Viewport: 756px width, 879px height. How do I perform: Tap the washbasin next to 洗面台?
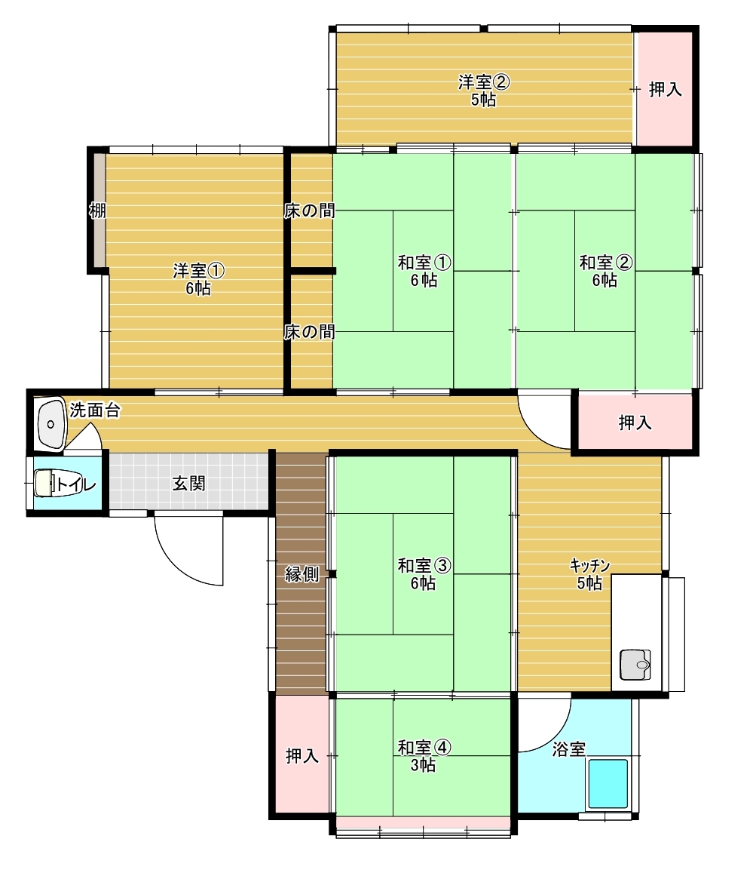click(51, 424)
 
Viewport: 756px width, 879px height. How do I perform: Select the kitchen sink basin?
click(635, 665)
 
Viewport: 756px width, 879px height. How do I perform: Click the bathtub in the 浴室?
click(608, 783)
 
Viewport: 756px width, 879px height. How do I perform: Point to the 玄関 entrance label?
click(188, 483)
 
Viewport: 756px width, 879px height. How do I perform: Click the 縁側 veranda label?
click(301, 574)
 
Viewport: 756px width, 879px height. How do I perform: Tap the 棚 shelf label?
click(97, 211)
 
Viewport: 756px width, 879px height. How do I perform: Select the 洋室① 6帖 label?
click(198, 280)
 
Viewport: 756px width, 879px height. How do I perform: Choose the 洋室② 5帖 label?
click(483, 91)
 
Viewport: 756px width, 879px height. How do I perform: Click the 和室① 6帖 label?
click(424, 271)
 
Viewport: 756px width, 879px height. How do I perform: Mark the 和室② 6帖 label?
click(605, 271)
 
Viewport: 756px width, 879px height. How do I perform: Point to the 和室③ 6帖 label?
click(424, 574)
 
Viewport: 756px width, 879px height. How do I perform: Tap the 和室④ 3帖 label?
click(424, 756)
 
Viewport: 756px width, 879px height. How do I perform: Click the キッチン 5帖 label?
click(589, 574)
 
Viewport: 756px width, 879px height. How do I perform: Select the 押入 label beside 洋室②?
click(666, 89)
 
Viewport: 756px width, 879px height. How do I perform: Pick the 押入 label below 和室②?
click(635, 423)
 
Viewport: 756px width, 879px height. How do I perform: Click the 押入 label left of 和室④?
click(301, 756)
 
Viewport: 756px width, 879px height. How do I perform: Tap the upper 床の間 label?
click(309, 211)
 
